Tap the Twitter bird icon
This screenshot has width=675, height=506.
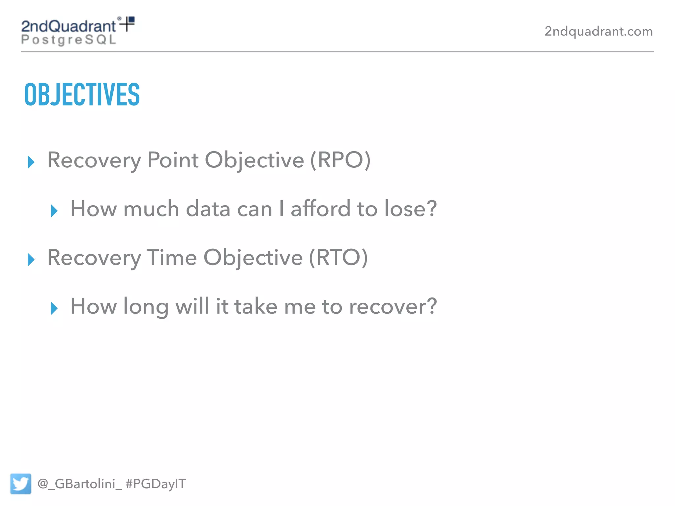pyautogui.click(x=20, y=484)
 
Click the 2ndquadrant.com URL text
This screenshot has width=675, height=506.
pyautogui.click(x=599, y=31)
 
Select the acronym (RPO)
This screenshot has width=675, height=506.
pyautogui.click(x=340, y=160)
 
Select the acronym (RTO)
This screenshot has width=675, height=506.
pyautogui.click(x=338, y=258)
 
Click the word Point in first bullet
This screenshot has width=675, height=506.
pyautogui.click(x=173, y=160)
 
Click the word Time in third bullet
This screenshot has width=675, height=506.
pyautogui.click(x=171, y=258)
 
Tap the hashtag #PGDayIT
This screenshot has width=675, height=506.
pyautogui.click(x=156, y=484)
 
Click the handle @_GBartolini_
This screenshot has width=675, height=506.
pyautogui.click(x=79, y=484)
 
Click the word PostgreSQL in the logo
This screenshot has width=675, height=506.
pyautogui.click(x=69, y=40)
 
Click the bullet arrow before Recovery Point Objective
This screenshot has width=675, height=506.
pyautogui.click(x=31, y=162)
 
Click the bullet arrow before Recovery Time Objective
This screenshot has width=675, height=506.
pyautogui.click(x=31, y=260)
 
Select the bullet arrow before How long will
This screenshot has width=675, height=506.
pyautogui.click(x=54, y=308)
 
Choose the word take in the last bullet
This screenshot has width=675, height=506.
pyautogui.click(x=256, y=306)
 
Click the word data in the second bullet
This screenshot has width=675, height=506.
pyautogui.click(x=208, y=209)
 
